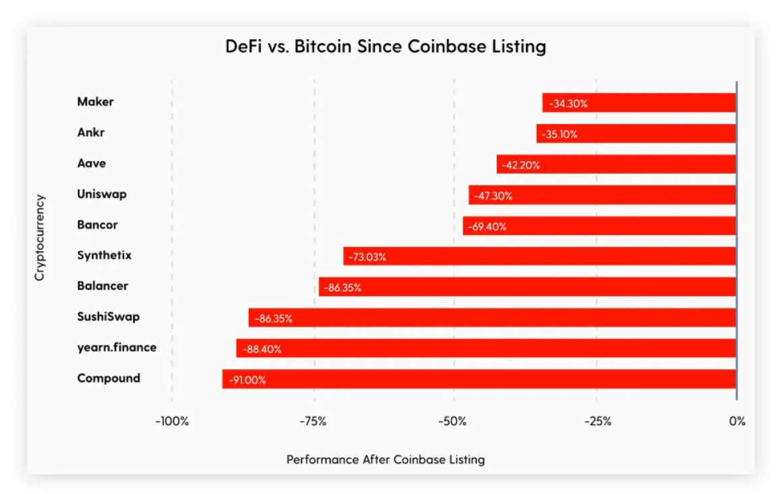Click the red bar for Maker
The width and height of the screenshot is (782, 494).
(639, 103)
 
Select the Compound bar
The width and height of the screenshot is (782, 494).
(479, 379)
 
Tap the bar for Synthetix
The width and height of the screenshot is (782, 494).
(539, 256)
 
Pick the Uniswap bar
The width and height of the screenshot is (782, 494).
(602, 195)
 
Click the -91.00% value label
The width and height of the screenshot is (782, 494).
(247, 380)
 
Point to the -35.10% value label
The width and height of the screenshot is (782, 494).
(559, 134)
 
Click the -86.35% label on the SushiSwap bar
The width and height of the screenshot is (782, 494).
(273, 319)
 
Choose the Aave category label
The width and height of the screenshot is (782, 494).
(92, 163)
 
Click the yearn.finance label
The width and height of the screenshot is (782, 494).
(117, 348)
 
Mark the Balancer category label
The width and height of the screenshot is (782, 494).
(102, 286)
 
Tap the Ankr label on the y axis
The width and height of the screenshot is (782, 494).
(91, 132)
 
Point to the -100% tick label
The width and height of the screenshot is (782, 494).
(172, 421)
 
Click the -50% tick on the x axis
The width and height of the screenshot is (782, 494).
(453, 421)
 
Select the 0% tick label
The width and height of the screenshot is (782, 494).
(737, 421)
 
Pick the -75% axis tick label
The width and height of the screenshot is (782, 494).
(313, 421)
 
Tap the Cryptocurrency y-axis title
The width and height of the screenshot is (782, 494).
(40, 238)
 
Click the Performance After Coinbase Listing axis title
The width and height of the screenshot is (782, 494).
(386, 460)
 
